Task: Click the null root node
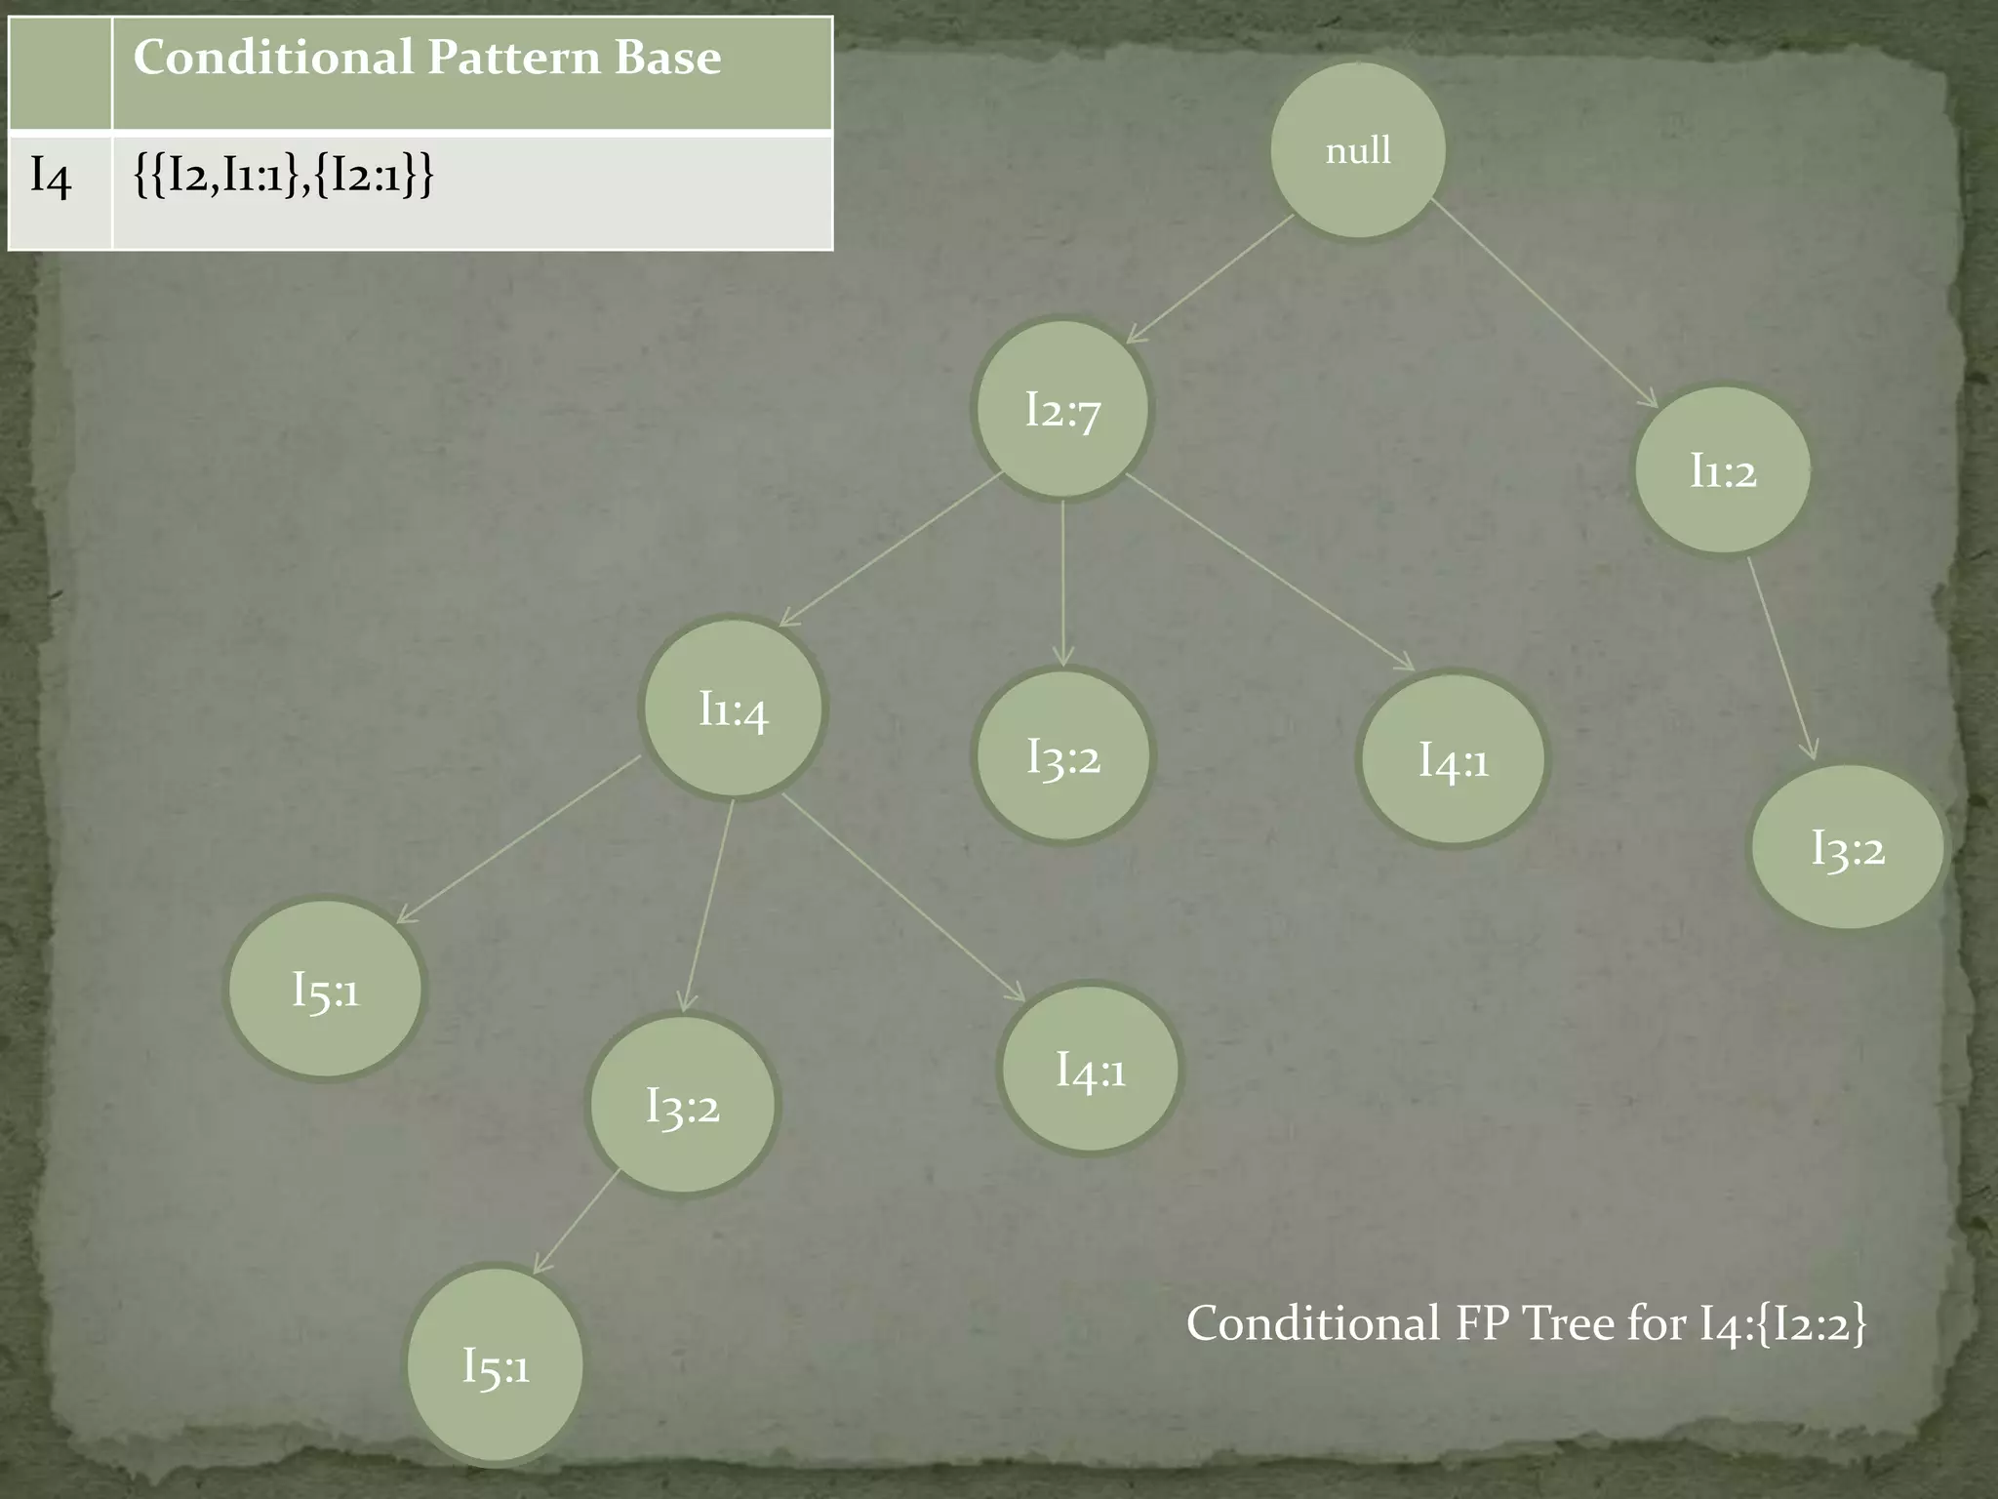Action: pyautogui.click(x=1357, y=150)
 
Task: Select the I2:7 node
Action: pyautogui.click(x=1062, y=409)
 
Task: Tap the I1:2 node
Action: pyautogui.click(x=1723, y=470)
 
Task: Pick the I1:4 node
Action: pyautogui.click(x=733, y=709)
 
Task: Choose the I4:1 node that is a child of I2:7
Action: pyautogui.click(x=1453, y=759)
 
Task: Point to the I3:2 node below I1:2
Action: pyautogui.click(x=1847, y=847)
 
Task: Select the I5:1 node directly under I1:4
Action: pyautogui.click(x=326, y=989)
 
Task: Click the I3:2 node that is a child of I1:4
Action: pyautogui.click(x=682, y=1105)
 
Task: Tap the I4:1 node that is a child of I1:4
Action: pyautogui.click(x=1090, y=1070)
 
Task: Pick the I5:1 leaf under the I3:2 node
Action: pyautogui.click(x=496, y=1364)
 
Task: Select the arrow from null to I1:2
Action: pyautogui.click(x=1543, y=304)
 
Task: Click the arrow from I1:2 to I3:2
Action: pyautogui.click(x=1781, y=657)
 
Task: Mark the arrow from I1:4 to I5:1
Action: pyautogui.click(x=518, y=838)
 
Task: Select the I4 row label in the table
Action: pyautogui.click(x=51, y=177)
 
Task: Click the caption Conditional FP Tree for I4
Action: pyautogui.click(x=1526, y=1324)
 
